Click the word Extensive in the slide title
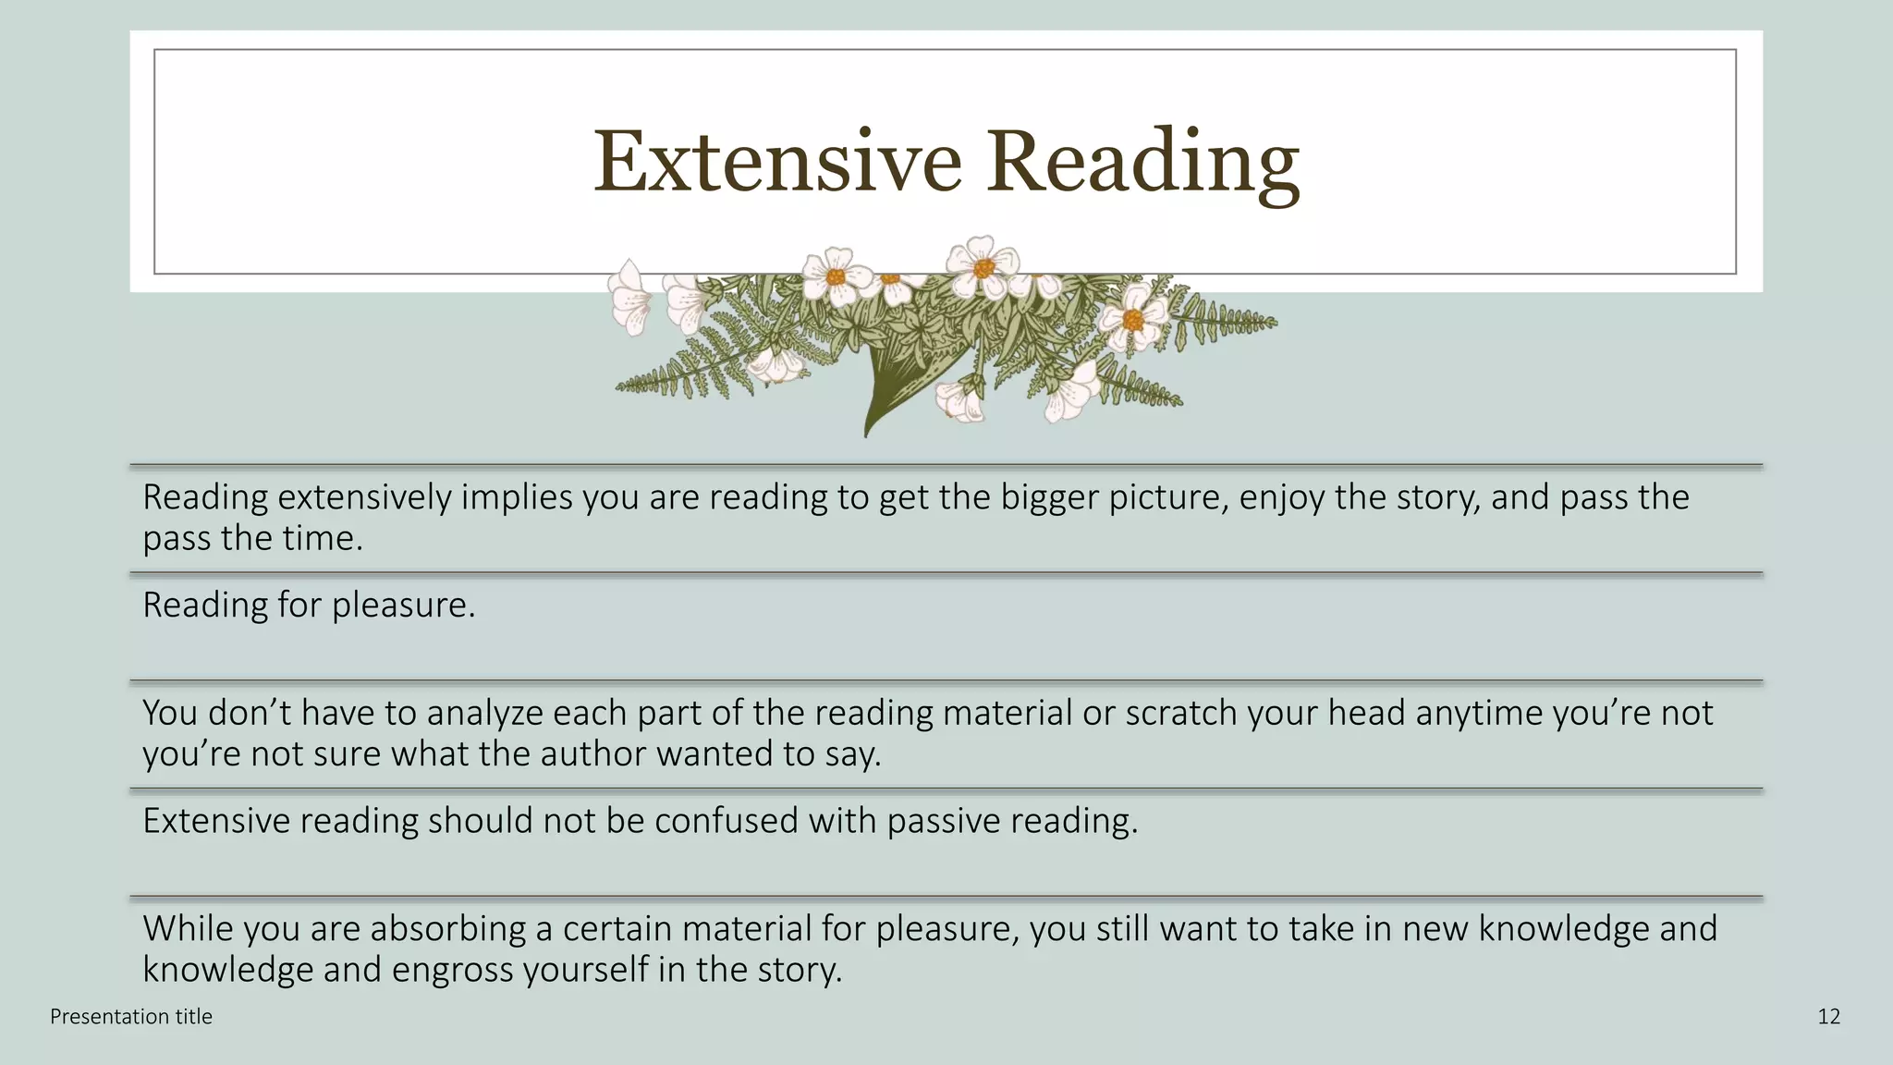pyautogui.click(x=777, y=162)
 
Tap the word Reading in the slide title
pyautogui.click(x=1142, y=162)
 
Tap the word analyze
pyautogui.click(x=484, y=713)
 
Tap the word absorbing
pyautogui.click(x=447, y=929)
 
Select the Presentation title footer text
pyautogui.click(x=131, y=1017)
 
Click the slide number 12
pyautogui.click(x=1828, y=1017)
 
